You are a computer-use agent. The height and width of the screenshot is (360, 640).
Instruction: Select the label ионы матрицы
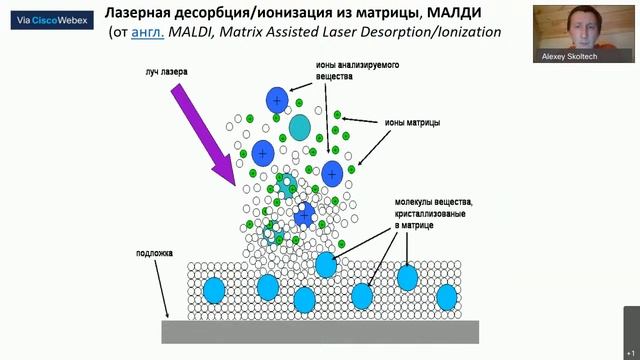click(412, 124)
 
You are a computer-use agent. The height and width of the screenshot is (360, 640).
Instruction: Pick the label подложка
click(155, 253)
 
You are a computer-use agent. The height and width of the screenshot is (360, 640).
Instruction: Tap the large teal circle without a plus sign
click(301, 125)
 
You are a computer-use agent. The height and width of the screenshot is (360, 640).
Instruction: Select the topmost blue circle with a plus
click(277, 100)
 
